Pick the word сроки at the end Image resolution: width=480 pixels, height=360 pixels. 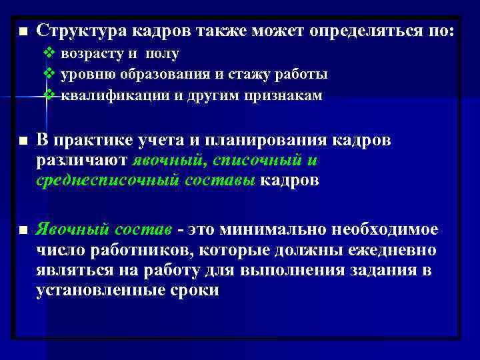pos(195,291)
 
